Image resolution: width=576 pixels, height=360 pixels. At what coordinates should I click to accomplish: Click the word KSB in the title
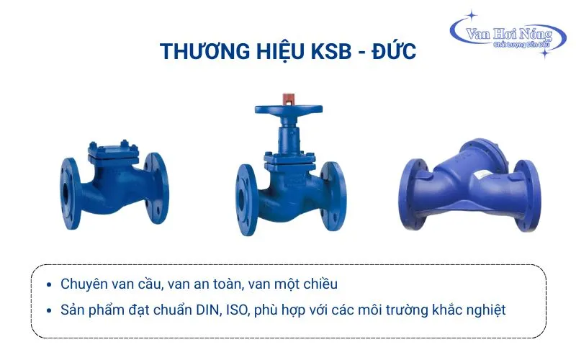pyautogui.click(x=331, y=51)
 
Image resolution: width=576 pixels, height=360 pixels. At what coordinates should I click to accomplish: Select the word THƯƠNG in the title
pyautogui.click(x=205, y=50)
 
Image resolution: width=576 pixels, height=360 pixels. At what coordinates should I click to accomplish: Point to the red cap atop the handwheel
pyautogui.click(x=289, y=99)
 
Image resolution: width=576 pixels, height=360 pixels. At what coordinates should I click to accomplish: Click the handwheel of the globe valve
pyautogui.click(x=289, y=109)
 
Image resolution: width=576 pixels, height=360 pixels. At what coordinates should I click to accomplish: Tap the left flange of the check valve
pyautogui.click(x=71, y=194)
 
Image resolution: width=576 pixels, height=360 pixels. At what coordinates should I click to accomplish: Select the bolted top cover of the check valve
pyautogui.click(x=114, y=152)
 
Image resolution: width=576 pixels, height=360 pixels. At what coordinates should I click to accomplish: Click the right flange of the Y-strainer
pyautogui.click(x=527, y=195)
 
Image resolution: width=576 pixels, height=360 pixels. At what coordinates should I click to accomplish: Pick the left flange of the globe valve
pyautogui.click(x=246, y=199)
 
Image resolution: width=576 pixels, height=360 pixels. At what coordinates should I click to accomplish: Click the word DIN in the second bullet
pyautogui.click(x=208, y=310)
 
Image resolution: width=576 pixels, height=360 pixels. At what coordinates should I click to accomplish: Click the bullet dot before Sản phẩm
pyautogui.click(x=49, y=310)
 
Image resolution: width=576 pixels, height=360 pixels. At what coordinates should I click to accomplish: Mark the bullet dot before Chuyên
pyautogui.click(x=49, y=284)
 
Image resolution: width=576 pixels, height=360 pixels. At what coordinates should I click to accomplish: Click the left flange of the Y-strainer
pyautogui.click(x=413, y=194)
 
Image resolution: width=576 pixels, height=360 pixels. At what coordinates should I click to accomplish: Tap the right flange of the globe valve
pyautogui.click(x=333, y=197)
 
